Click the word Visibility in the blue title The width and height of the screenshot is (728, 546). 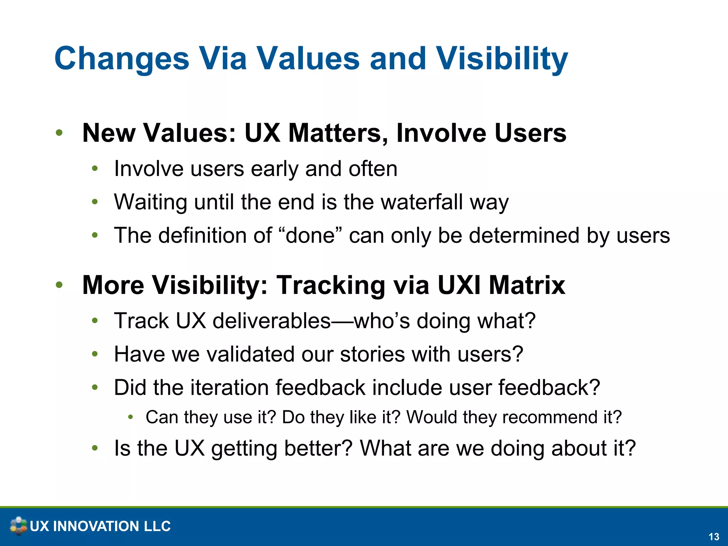coord(502,59)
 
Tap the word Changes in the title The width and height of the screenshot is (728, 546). coord(122,59)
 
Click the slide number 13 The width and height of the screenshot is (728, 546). coord(714,536)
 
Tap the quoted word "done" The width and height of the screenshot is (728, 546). coord(311,235)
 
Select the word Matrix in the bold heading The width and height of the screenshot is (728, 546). coord(526,285)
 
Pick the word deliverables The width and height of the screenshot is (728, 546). coord(272,321)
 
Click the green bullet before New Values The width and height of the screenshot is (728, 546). coord(59,133)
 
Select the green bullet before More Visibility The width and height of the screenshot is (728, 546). coord(59,285)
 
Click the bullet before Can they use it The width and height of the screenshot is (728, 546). coord(130,417)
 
